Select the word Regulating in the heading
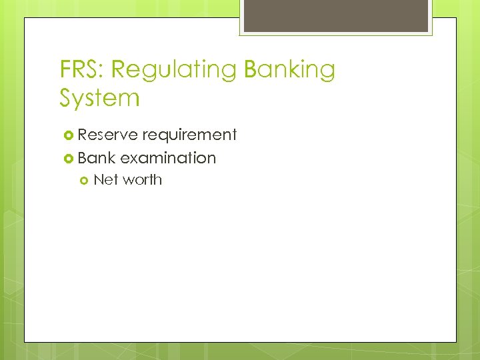point(173,69)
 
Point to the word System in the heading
point(99,98)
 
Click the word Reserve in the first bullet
point(107,135)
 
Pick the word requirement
point(189,135)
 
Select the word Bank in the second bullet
point(97,158)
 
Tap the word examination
point(168,158)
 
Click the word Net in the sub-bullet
point(103,179)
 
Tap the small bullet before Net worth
point(84,180)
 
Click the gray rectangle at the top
point(335,15)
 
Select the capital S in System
point(67,98)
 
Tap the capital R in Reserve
point(83,135)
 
